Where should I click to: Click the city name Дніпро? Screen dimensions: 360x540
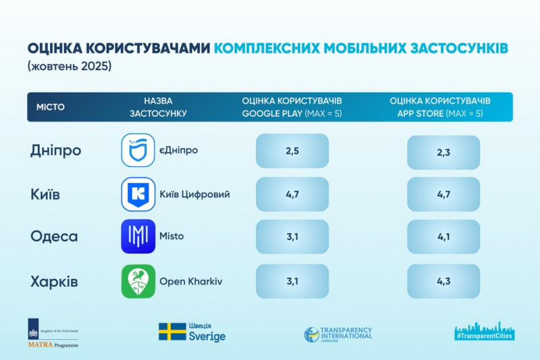(x=56, y=150)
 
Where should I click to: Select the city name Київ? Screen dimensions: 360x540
(x=46, y=195)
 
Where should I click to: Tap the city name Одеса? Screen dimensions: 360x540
(x=54, y=236)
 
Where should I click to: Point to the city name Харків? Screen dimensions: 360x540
(x=55, y=282)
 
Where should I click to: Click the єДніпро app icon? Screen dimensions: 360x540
(x=138, y=150)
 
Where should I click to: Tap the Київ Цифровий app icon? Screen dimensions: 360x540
(x=138, y=195)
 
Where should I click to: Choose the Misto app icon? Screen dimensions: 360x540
(x=138, y=236)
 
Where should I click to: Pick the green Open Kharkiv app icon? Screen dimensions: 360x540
(x=138, y=282)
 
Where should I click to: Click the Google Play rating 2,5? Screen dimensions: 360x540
(x=292, y=151)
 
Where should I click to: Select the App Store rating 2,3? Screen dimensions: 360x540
(x=443, y=153)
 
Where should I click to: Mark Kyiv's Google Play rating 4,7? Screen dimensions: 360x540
(x=292, y=195)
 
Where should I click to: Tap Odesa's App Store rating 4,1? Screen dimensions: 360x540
(x=443, y=237)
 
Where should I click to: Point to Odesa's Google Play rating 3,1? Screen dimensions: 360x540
(x=292, y=237)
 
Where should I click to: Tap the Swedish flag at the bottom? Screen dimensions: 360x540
(x=172, y=332)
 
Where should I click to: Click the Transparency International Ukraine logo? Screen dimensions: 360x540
(x=337, y=334)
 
